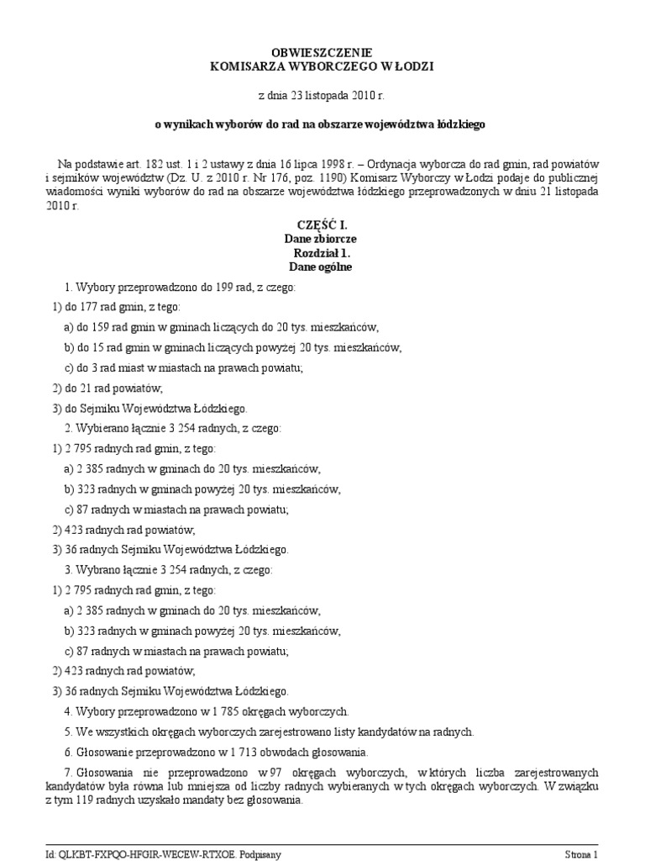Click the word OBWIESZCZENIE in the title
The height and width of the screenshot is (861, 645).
(x=322, y=53)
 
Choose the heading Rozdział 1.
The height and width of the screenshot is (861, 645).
(x=322, y=254)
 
